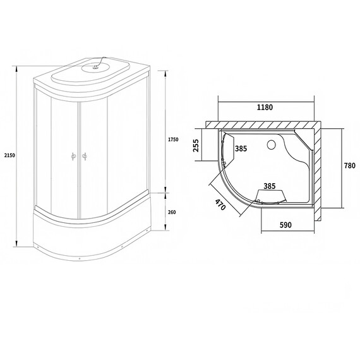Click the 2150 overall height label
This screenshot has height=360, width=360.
7,155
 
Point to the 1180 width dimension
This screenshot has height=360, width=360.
265,107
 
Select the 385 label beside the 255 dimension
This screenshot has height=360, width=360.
241,149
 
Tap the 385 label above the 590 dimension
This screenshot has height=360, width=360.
270,187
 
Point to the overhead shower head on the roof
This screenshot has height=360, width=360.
97,63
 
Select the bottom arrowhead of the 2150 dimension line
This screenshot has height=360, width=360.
16,245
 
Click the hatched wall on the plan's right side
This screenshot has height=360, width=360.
320,171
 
